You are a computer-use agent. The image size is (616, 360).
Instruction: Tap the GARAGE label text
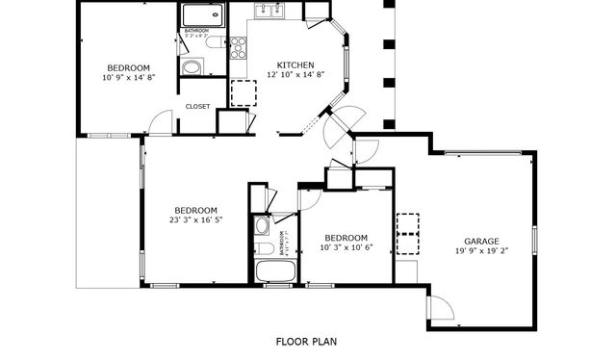481,241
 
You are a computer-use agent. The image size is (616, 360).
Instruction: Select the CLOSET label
197,107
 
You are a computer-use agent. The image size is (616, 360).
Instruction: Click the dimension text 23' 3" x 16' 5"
195,219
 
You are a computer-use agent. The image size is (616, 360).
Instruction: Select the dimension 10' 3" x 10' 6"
345,246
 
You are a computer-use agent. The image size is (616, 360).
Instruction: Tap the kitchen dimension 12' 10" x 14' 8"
295,74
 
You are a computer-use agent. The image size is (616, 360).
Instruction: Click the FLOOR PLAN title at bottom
306,341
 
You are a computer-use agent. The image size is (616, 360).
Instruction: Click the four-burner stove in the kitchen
238,48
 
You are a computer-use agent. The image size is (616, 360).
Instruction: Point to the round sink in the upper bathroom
191,67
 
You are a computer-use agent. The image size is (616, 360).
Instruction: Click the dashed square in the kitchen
244,93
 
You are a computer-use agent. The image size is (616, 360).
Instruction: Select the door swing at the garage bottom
439,308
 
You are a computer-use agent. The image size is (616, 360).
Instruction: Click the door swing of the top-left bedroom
162,122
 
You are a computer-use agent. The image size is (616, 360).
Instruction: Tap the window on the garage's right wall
534,238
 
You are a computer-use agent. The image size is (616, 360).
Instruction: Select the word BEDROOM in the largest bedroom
195,210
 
